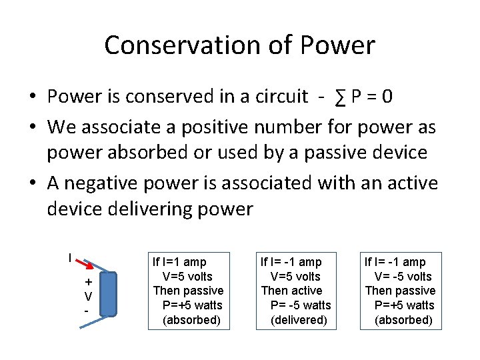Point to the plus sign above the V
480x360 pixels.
[87, 282]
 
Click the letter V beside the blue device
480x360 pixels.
[87, 296]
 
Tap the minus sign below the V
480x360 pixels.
[86, 311]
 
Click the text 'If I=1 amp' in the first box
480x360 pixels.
[179, 262]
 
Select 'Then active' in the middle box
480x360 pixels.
[291, 291]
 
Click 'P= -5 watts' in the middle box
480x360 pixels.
[300, 305]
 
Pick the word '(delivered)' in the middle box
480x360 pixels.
[299, 320]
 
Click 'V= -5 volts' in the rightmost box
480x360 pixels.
[403, 277]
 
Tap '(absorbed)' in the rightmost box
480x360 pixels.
[403, 320]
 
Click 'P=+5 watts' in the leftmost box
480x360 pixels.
[192, 305]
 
